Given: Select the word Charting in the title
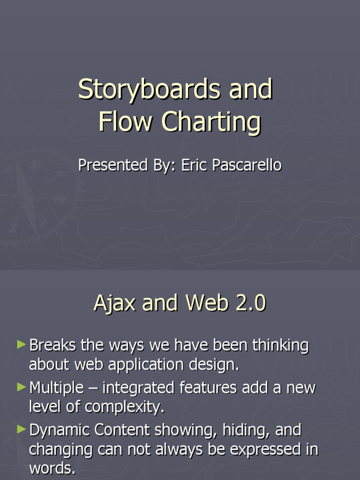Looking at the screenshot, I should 211,122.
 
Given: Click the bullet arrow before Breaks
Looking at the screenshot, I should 21,345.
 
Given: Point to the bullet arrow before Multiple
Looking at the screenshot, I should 21,387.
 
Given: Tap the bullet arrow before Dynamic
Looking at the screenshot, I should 21,429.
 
